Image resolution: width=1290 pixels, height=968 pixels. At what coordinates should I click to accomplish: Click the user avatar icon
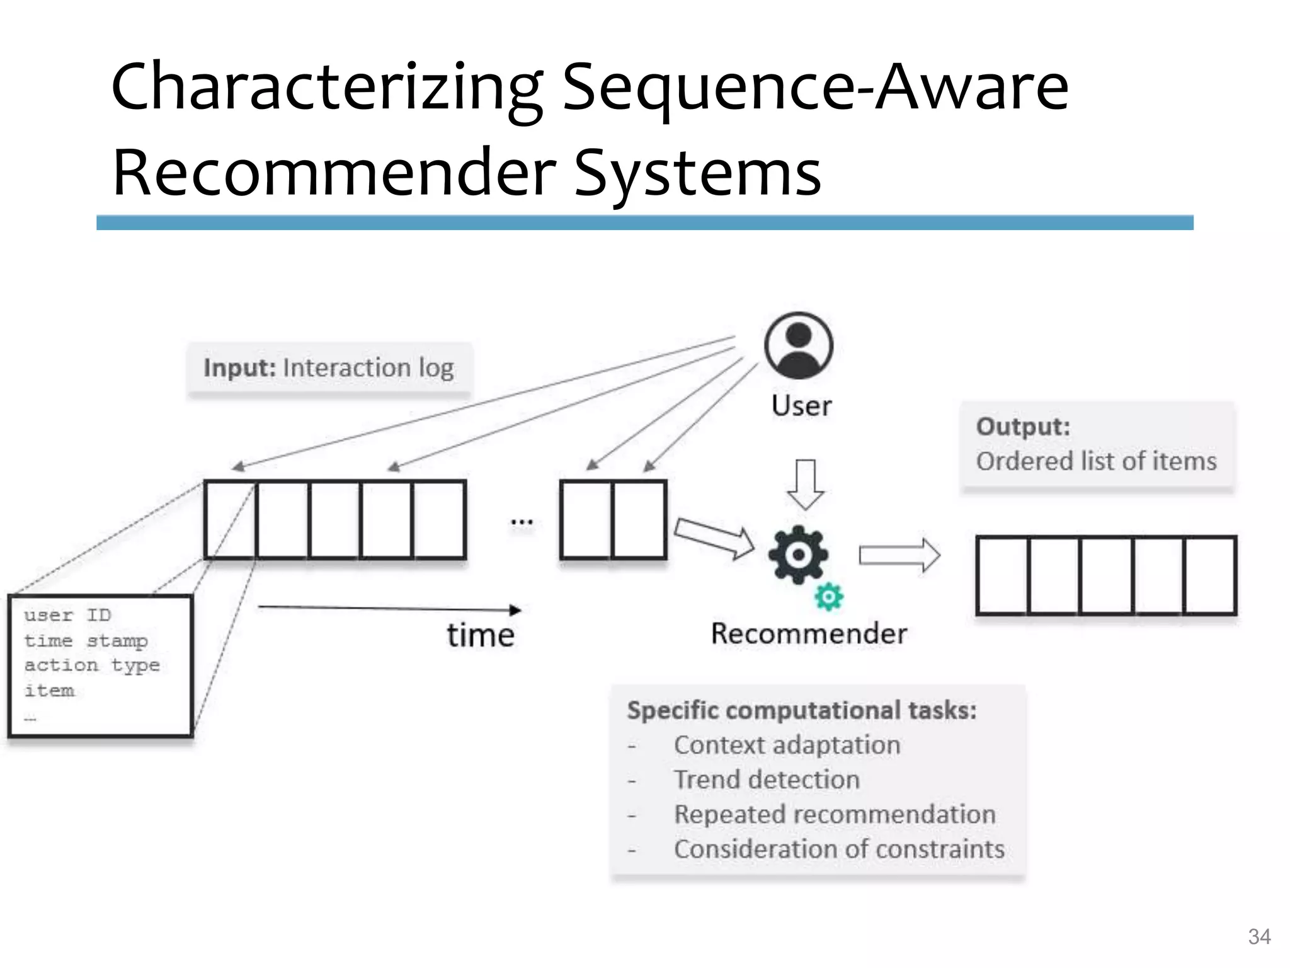click(798, 346)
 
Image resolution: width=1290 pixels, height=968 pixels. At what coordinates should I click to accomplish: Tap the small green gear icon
click(828, 596)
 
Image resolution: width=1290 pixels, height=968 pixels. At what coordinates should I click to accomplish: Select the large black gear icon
click(798, 555)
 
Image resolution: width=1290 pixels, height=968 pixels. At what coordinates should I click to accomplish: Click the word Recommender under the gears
click(809, 633)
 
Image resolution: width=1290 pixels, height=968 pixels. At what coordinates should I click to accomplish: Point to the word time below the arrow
click(481, 635)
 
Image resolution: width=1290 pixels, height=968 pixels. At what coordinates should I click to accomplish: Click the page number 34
click(1259, 936)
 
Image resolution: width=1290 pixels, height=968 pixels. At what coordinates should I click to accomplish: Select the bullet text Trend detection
click(767, 780)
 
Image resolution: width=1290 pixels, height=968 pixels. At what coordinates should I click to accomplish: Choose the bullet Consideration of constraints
click(839, 850)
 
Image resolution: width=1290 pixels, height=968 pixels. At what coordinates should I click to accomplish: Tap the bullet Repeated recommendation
click(835, 815)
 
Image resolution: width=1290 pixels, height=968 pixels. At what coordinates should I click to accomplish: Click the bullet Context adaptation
click(787, 746)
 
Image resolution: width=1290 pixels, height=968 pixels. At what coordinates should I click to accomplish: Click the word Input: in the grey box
click(240, 368)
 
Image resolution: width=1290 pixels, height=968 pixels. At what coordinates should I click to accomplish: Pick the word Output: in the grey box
click(1023, 427)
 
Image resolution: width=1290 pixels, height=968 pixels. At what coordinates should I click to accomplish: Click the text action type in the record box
click(92, 665)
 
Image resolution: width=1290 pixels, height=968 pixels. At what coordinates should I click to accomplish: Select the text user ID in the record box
click(67, 615)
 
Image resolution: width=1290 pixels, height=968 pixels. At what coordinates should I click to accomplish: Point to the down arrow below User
click(806, 484)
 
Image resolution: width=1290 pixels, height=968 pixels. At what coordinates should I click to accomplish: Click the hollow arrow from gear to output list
click(899, 555)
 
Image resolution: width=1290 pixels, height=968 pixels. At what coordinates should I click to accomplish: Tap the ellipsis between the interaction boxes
click(522, 522)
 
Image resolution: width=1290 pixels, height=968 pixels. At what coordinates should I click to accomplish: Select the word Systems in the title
click(697, 172)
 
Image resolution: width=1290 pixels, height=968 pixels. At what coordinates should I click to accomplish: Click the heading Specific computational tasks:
click(802, 711)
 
